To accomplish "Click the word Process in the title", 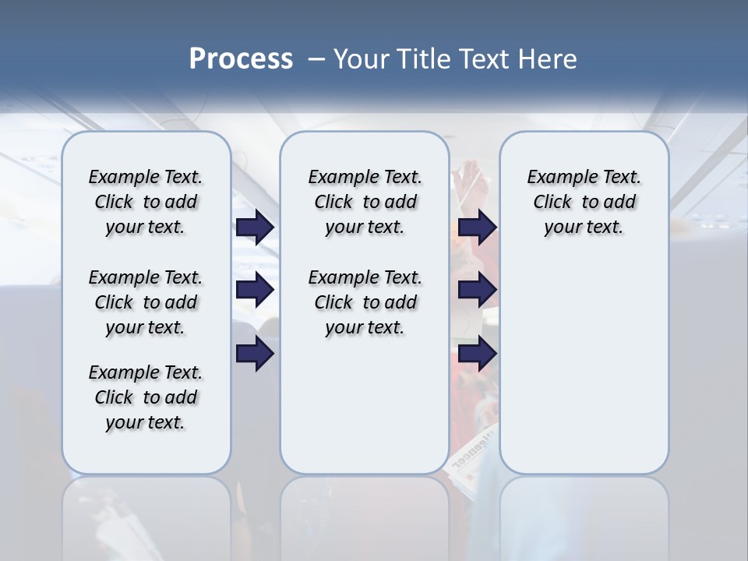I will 241,59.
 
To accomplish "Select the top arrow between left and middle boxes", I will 255,228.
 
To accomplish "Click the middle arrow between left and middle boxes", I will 255,290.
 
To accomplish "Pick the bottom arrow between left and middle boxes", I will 255,354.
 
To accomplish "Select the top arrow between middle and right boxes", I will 478,228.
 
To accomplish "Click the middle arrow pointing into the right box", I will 478,290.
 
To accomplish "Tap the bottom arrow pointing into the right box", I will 478,354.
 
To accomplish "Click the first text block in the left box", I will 146,202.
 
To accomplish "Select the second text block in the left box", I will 146,302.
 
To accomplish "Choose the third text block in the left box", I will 146,397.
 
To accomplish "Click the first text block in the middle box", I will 365,202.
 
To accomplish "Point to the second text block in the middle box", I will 365,302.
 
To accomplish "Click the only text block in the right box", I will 584,202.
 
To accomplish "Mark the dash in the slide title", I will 317,59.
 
